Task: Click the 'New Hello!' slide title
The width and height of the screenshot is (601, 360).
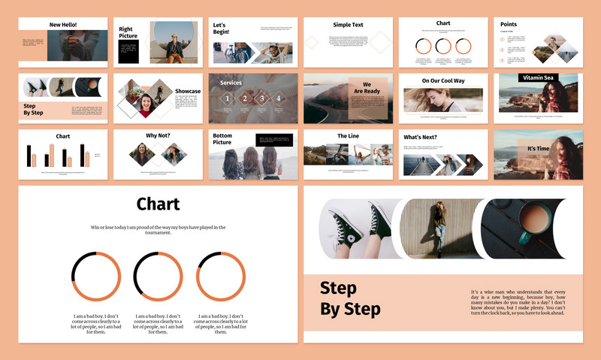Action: [63, 25]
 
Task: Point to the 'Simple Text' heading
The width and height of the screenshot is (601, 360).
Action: [348, 25]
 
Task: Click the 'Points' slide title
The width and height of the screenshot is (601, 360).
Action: [509, 24]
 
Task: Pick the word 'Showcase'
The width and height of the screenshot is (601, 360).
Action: [188, 91]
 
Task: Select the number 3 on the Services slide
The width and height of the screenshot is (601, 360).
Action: [261, 98]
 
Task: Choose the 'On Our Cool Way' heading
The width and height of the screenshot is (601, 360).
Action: [443, 80]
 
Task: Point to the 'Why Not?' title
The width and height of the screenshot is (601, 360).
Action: [158, 136]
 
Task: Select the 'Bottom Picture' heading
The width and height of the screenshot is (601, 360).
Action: [222, 139]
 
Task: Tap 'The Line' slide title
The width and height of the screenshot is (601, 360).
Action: [348, 136]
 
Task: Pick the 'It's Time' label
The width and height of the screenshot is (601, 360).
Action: [537, 149]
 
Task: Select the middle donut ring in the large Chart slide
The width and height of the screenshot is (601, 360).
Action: [158, 277]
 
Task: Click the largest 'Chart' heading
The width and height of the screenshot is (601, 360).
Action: [158, 204]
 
